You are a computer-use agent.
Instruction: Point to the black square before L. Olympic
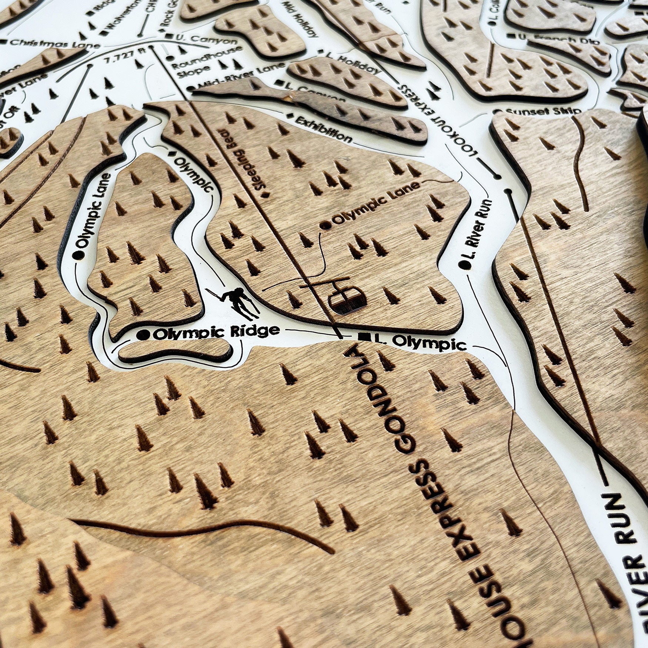363,337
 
